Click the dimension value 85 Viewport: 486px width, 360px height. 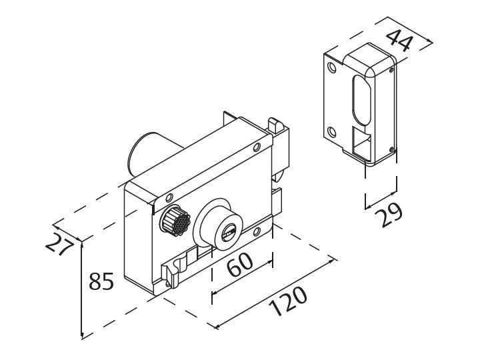tap(101, 281)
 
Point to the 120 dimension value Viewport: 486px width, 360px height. tap(287, 303)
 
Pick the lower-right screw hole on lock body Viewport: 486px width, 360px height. tap(257, 232)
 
